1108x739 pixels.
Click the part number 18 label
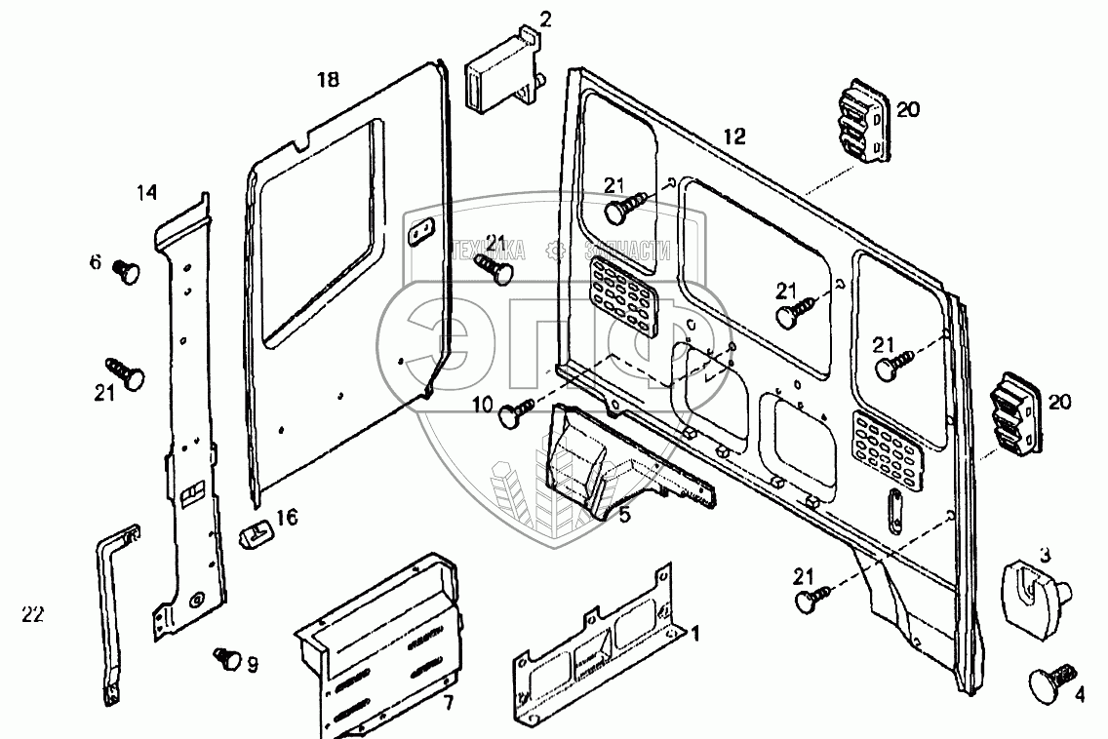coord(329,80)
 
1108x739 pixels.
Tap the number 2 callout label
coord(544,19)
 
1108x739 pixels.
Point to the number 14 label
coord(146,194)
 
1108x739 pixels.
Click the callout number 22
coord(32,614)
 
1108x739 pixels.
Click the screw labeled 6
coord(127,268)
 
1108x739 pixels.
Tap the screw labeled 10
coord(514,413)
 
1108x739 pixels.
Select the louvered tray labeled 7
coord(380,643)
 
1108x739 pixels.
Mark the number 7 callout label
coord(448,703)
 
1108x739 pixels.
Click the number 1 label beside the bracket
coord(695,635)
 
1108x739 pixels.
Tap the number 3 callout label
coord(1045,556)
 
